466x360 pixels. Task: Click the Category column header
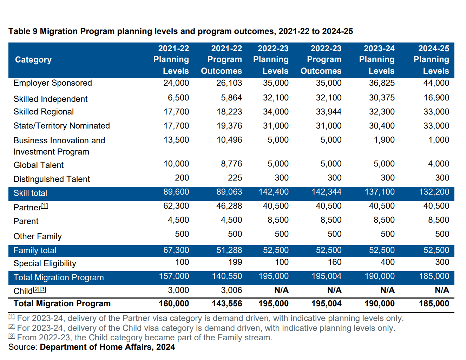[x=33, y=60]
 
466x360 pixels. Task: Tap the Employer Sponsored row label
[x=53, y=83]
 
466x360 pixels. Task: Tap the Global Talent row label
[x=39, y=165]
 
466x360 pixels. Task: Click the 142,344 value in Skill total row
[x=326, y=192]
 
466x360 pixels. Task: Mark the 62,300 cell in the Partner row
[x=176, y=206]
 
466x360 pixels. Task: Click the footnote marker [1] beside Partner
[x=45, y=206]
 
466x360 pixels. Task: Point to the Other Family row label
[x=38, y=237]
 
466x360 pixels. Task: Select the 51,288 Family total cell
[x=229, y=250]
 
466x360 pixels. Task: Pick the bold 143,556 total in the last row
[x=227, y=304]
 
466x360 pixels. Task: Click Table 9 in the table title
[x=23, y=32]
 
